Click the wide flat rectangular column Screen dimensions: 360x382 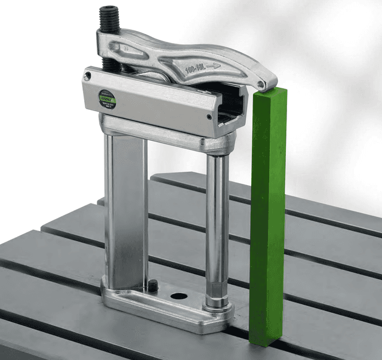[126, 209]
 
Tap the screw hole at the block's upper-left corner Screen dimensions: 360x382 [88, 76]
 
